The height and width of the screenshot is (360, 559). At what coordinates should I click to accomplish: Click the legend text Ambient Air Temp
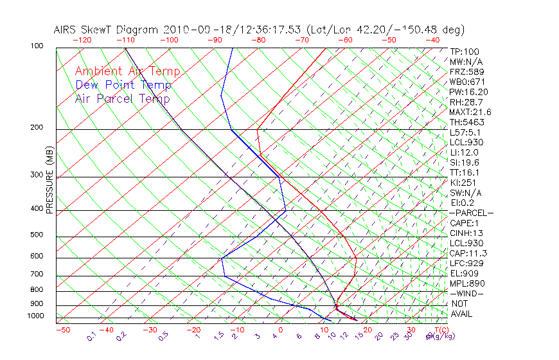(x=127, y=71)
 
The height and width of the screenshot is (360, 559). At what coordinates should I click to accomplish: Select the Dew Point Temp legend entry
(x=123, y=85)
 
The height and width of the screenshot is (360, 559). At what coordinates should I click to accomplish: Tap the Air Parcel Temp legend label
(x=122, y=98)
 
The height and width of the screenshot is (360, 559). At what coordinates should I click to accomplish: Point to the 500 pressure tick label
(x=36, y=235)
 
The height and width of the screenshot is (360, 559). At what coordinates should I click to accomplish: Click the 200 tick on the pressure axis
(x=36, y=127)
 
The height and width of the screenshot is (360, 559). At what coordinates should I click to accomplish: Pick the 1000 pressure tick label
(x=35, y=316)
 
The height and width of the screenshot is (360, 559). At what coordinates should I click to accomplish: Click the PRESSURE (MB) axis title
(x=49, y=179)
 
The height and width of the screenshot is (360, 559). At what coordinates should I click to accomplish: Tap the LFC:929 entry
(x=466, y=263)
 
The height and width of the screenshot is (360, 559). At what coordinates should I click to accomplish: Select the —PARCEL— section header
(x=472, y=213)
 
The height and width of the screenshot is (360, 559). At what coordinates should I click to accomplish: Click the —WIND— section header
(x=466, y=293)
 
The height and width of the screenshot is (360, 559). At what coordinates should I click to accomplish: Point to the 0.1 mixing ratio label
(x=91, y=336)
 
